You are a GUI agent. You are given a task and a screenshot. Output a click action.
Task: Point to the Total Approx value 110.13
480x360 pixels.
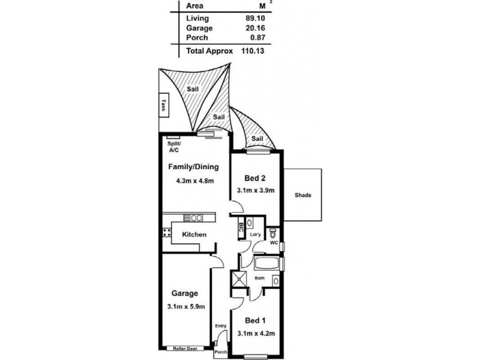tap(253, 52)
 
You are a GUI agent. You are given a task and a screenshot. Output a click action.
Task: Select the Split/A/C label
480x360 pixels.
tap(174, 148)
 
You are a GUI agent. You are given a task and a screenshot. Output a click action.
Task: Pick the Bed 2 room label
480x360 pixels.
tap(256, 178)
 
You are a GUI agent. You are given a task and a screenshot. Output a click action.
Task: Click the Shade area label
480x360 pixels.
tap(303, 196)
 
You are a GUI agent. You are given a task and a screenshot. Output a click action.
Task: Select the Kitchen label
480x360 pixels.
tap(194, 235)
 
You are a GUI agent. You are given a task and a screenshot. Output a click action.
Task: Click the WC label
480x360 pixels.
tap(274, 244)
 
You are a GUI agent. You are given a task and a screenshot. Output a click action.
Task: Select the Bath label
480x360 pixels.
tap(260, 278)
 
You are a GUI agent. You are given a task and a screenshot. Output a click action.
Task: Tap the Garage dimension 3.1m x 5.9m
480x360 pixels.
tap(186, 307)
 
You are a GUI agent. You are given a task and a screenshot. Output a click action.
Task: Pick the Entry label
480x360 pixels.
tap(221, 326)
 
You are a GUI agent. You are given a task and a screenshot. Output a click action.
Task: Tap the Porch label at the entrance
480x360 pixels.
tap(221, 352)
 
